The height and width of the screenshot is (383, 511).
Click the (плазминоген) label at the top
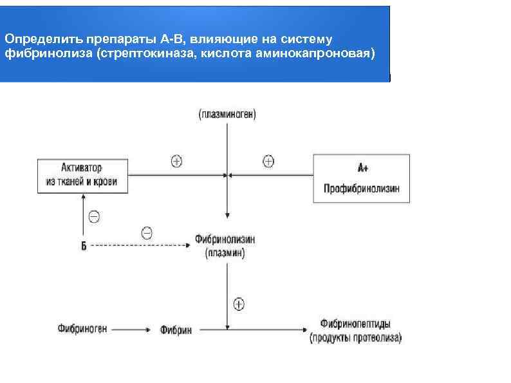227,115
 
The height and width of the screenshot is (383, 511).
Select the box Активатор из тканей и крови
82,174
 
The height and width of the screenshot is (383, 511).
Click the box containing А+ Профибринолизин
361,178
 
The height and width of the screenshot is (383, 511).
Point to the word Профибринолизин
361,189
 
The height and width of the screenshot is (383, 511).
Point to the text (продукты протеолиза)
355,337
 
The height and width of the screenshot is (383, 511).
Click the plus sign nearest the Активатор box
176,162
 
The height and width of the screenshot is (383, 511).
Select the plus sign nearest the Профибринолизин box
268,161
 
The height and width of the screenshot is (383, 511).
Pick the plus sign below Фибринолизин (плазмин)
239,303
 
